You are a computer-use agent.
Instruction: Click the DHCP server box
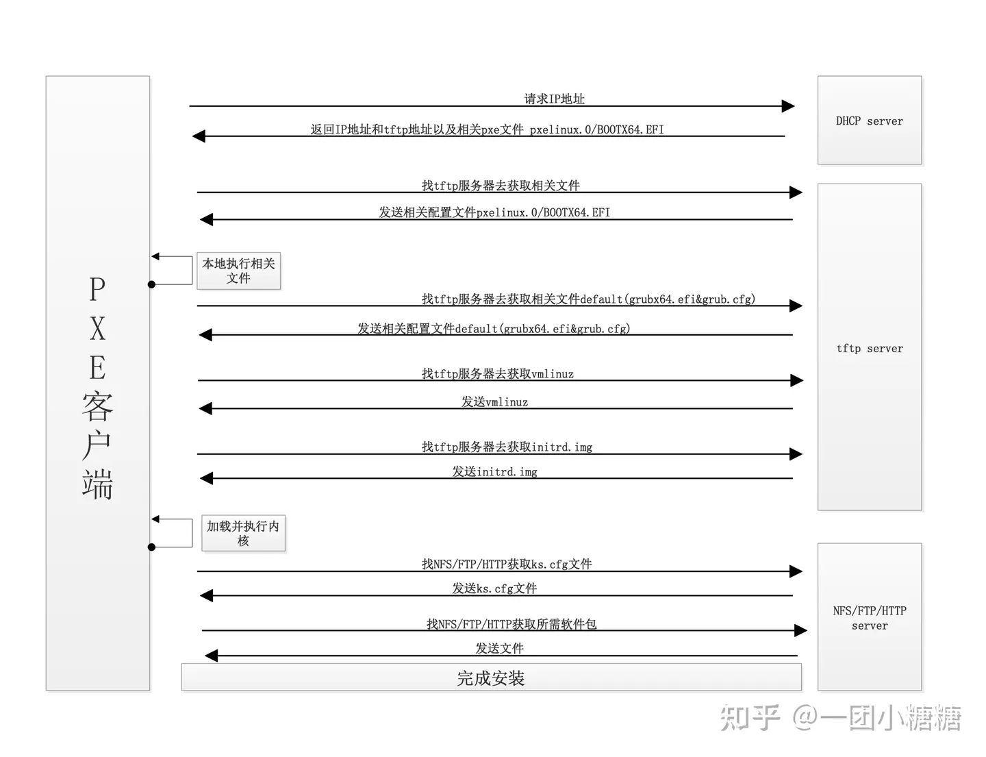coord(869,121)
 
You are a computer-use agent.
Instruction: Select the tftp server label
coord(869,348)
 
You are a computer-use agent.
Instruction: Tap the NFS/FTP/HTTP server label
coord(869,617)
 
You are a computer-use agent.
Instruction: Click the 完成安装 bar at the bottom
coord(491,678)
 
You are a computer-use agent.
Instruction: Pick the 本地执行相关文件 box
coord(238,271)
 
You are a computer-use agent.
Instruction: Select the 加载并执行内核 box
coord(243,533)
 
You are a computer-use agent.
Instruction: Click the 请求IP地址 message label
coord(554,99)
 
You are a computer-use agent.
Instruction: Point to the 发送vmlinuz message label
coord(494,401)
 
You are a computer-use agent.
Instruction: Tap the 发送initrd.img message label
coord(494,471)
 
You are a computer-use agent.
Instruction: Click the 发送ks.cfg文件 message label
coord(494,588)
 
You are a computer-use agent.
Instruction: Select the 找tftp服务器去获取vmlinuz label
coord(498,373)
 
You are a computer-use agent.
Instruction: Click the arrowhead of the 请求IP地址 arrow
coord(787,106)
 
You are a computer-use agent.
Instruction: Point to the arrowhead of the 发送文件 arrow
coord(212,656)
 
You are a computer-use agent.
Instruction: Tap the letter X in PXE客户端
coord(98,329)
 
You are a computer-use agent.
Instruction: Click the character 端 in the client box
coord(97,484)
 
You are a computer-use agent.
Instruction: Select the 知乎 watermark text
coord(750,717)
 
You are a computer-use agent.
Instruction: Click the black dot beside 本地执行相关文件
coord(152,284)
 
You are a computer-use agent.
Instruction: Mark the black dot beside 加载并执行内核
coord(152,547)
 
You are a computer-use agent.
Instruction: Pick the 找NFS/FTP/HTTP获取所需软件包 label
coord(511,623)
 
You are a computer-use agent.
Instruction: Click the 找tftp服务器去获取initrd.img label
coord(507,447)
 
